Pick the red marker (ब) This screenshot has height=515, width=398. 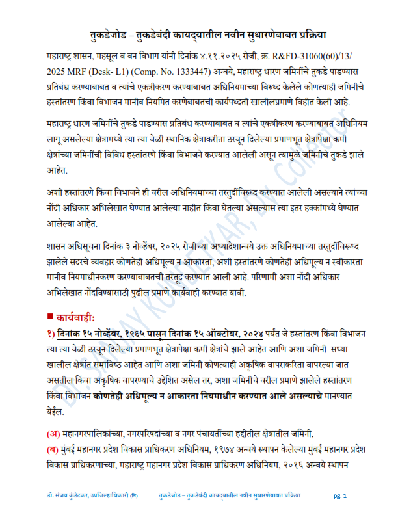pyautogui.click(x=53, y=449)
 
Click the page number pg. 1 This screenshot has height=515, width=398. pyautogui.click(x=340, y=496)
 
